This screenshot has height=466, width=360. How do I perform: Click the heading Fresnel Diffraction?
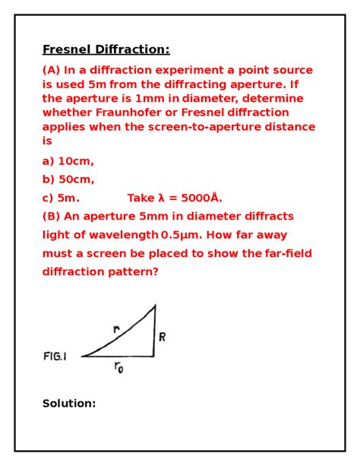[x=106, y=50]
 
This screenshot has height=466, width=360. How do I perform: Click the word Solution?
[x=69, y=403]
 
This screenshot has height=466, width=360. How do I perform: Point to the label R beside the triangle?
[x=162, y=337]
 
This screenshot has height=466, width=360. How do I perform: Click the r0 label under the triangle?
[x=119, y=367]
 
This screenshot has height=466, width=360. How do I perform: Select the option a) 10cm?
[x=68, y=161]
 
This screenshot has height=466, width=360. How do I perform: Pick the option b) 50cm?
[x=68, y=179]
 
